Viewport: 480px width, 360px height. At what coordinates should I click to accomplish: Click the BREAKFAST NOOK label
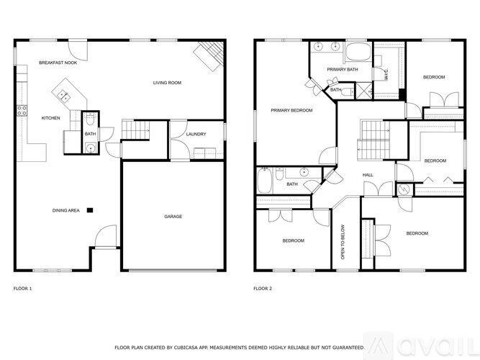58,63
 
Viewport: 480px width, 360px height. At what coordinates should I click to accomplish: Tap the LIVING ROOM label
166,83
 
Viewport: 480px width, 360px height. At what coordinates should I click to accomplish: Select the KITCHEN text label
50,118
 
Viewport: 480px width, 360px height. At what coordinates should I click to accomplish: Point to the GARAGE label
173,216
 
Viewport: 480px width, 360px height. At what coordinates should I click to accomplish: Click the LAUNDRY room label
196,134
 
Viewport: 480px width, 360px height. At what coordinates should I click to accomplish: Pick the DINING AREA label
65,210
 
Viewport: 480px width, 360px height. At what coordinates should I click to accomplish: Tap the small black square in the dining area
90,210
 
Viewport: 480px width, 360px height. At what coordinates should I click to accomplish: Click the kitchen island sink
63,93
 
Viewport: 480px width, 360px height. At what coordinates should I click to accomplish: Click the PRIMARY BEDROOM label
291,110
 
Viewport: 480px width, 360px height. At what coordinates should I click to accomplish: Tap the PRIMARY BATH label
343,69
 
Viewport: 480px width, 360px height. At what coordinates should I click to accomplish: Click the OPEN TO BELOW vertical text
343,245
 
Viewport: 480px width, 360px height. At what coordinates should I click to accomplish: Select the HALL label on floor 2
367,175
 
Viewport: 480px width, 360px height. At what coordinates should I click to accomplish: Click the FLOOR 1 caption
23,288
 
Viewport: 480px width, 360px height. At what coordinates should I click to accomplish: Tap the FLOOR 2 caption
262,288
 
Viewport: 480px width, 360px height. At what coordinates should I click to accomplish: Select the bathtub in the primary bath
356,53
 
